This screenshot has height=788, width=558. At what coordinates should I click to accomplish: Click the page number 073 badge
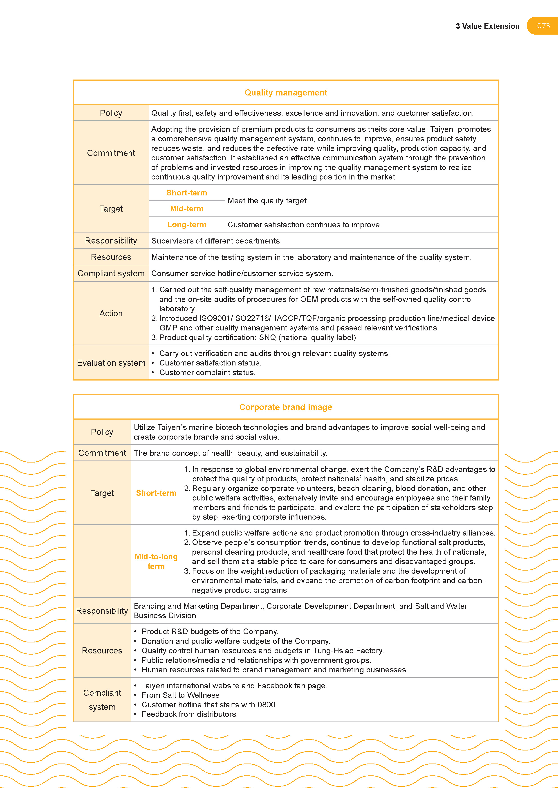pos(543,26)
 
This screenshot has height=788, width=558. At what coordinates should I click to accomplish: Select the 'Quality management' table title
pos(286,93)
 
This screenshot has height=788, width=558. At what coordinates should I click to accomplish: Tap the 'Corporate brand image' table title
pos(286,407)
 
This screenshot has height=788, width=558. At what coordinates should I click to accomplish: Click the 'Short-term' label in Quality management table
pos(187,193)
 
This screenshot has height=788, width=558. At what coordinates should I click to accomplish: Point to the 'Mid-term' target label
pos(187,209)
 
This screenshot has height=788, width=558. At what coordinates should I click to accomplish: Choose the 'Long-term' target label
pos(187,225)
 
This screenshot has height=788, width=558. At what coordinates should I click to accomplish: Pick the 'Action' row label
pos(111,313)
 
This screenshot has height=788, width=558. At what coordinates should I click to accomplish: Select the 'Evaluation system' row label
pos(111,363)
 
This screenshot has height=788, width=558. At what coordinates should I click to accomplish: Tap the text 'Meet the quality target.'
pos(268,201)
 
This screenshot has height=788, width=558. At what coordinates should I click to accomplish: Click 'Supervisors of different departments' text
pos(215,241)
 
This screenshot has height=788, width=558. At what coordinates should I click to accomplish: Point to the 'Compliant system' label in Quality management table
pos(111,274)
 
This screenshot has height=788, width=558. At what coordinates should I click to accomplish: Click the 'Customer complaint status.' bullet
pos(207,373)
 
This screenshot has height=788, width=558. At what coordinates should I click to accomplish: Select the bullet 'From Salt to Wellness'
pos(180,695)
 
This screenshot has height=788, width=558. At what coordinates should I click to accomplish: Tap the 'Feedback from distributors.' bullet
pos(190,714)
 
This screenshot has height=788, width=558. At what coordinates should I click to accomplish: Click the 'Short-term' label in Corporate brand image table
pos(156,493)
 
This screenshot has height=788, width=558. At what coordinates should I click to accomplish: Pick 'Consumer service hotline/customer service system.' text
pos(242,274)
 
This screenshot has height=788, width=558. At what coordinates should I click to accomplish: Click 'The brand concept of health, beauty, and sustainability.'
pos(230,453)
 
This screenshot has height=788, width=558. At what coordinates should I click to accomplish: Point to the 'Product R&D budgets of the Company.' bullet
pos(210,631)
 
